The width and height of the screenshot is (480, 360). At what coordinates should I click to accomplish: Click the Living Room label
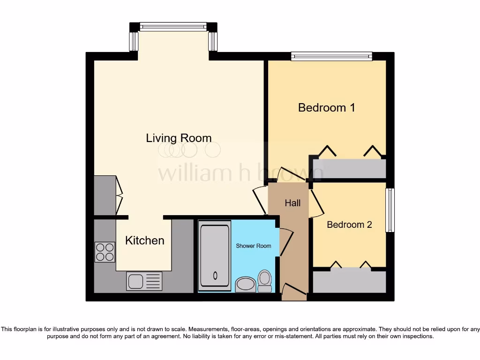179,138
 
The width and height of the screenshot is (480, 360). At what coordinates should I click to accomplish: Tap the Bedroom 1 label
326,107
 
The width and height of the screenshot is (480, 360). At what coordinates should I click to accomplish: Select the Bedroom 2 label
349,225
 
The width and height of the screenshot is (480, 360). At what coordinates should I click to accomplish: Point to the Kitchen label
145,240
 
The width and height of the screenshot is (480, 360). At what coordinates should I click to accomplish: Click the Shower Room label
253,246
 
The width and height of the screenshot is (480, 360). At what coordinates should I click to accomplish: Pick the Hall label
293,203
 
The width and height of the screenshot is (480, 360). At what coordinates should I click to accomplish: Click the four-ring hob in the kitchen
105,252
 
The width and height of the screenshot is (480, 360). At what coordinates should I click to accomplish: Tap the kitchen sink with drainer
144,281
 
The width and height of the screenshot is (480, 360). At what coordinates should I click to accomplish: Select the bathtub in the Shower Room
215,255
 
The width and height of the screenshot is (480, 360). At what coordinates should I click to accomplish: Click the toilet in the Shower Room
265,281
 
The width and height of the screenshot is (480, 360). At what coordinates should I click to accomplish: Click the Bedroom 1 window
331,56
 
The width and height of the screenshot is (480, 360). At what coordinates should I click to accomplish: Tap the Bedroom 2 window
390,210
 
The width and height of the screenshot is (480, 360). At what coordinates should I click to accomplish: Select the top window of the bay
173,27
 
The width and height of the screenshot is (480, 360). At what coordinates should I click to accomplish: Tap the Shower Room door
285,241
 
